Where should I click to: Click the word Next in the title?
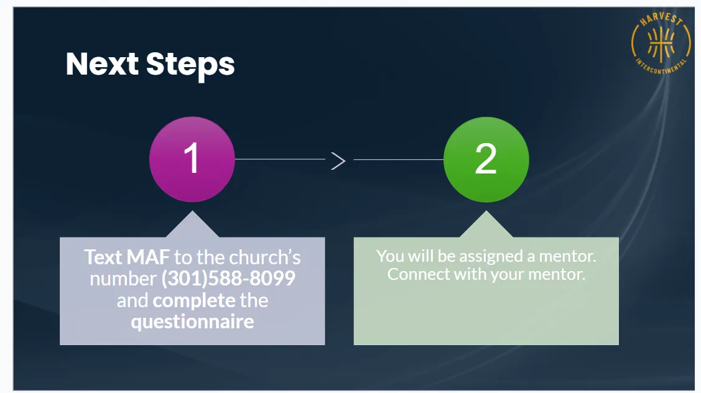coord(101,64)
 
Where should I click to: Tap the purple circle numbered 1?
coord(192,159)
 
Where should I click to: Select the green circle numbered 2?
coord(486,159)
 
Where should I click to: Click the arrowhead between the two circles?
coord(338,160)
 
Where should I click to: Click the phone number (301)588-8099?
coord(228,279)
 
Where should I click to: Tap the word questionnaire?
coord(192,321)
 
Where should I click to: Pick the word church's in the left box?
coord(265,257)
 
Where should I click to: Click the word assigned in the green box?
coord(478,256)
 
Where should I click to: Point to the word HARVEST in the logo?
coord(662,21)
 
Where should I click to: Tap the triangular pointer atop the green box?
coord(486,226)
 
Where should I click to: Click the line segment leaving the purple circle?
coord(280,159)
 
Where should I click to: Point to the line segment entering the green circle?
coord(398,160)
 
